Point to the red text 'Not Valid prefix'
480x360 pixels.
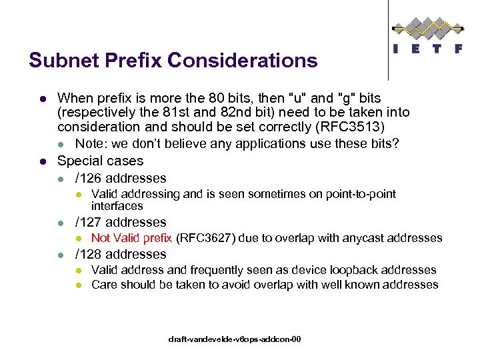click(x=131, y=238)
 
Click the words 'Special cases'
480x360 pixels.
click(x=100, y=161)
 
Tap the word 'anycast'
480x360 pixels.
click(x=365, y=238)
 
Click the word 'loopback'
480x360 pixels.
click(x=349, y=270)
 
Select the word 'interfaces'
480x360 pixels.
click(x=117, y=206)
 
